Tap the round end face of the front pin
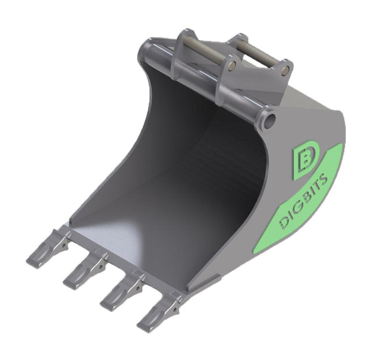[232, 65]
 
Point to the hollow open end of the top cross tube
[270, 118]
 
